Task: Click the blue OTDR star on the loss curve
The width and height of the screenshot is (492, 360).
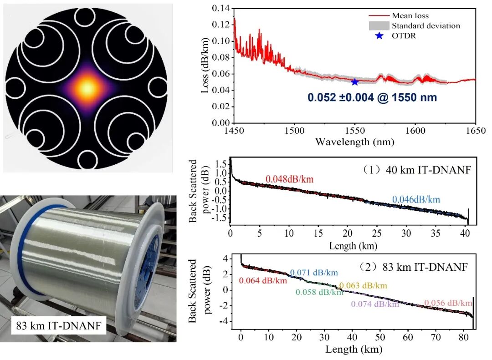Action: tap(355, 82)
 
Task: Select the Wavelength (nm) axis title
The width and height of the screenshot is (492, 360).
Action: tap(354, 142)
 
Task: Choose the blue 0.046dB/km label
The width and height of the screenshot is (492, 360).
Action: tap(416, 199)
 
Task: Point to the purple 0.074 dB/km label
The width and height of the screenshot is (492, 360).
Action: tap(375, 304)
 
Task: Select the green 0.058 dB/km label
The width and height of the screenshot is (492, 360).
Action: tap(319, 292)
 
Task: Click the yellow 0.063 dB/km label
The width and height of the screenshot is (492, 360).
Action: tap(363, 286)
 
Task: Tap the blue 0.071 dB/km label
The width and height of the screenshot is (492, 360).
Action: tap(314, 273)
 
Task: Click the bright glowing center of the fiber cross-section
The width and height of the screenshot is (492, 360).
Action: tap(87, 86)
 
